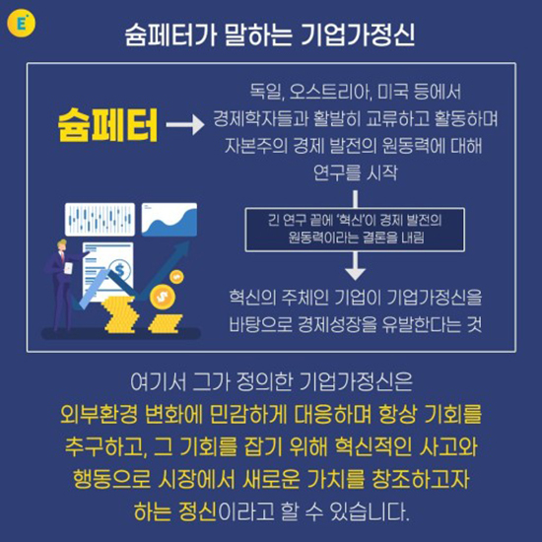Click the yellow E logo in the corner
pos(21,24)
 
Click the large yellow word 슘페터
pos(107,125)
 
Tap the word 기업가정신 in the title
pos(358,34)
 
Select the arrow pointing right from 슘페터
pos(185,125)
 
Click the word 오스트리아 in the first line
pos(331,92)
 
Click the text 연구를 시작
pos(356,172)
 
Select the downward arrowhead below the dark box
pos(356,274)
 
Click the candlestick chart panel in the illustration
pos(100,219)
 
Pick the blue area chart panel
pos(169,220)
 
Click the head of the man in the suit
pos(62,245)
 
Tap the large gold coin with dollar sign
pos(163,296)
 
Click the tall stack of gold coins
pos(119,314)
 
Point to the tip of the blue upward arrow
pos(190,241)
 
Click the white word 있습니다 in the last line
pos(370,510)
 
